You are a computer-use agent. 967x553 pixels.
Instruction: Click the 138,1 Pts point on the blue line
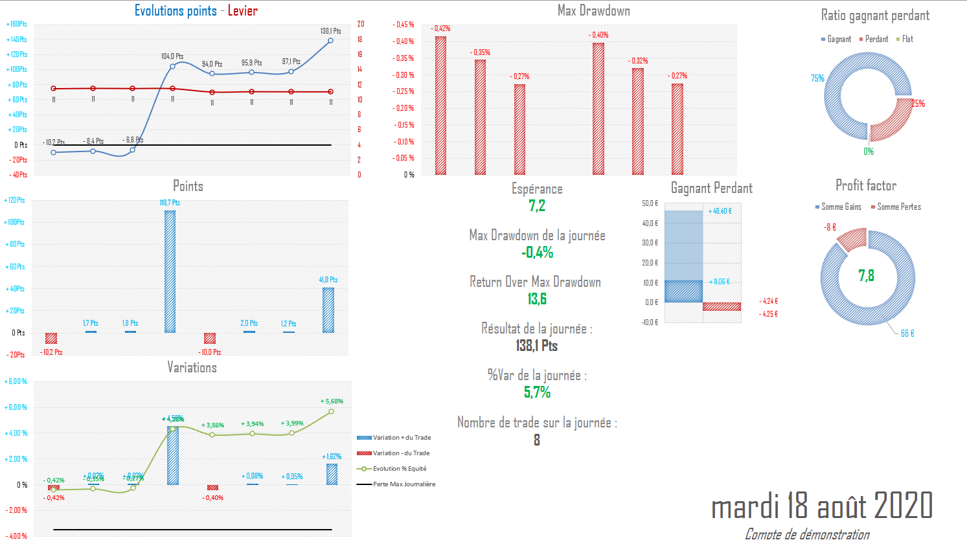(331, 41)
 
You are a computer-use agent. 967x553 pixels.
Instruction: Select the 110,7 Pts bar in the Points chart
(170, 271)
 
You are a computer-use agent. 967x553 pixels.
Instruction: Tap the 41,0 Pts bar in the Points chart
(328, 310)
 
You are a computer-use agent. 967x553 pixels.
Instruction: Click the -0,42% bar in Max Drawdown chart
(440, 106)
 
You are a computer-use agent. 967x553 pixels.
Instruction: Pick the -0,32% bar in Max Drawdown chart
(638, 121)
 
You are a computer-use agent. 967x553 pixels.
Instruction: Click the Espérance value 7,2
(537, 206)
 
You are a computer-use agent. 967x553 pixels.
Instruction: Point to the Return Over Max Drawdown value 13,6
(537, 299)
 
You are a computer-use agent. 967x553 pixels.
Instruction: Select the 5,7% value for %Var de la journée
(537, 392)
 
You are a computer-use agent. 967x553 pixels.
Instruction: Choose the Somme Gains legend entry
(841, 207)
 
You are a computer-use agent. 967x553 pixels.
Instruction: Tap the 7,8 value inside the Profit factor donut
(866, 276)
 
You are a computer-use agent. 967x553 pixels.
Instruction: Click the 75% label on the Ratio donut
(817, 78)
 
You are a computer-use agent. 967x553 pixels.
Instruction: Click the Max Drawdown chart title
(593, 10)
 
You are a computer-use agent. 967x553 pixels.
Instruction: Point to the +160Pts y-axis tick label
(17, 25)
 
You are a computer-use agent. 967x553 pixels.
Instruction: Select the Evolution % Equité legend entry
(399, 469)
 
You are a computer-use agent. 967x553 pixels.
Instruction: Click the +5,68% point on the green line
(331, 411)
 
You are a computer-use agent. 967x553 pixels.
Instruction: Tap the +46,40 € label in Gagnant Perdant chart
(720, 211)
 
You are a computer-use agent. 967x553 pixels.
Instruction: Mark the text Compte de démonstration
(807, 534)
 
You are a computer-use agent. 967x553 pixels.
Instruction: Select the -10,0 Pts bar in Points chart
(209, 338)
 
